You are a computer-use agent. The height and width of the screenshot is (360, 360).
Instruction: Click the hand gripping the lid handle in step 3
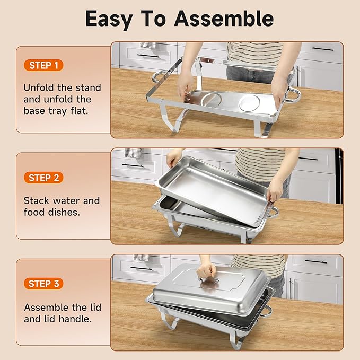point(207,271)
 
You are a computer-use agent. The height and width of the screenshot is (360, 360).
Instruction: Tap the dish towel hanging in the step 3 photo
point(142,258)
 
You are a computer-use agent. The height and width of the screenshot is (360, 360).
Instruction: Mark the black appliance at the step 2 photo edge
point(338,175)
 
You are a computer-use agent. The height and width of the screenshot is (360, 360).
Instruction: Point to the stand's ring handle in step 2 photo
point(274,212)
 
